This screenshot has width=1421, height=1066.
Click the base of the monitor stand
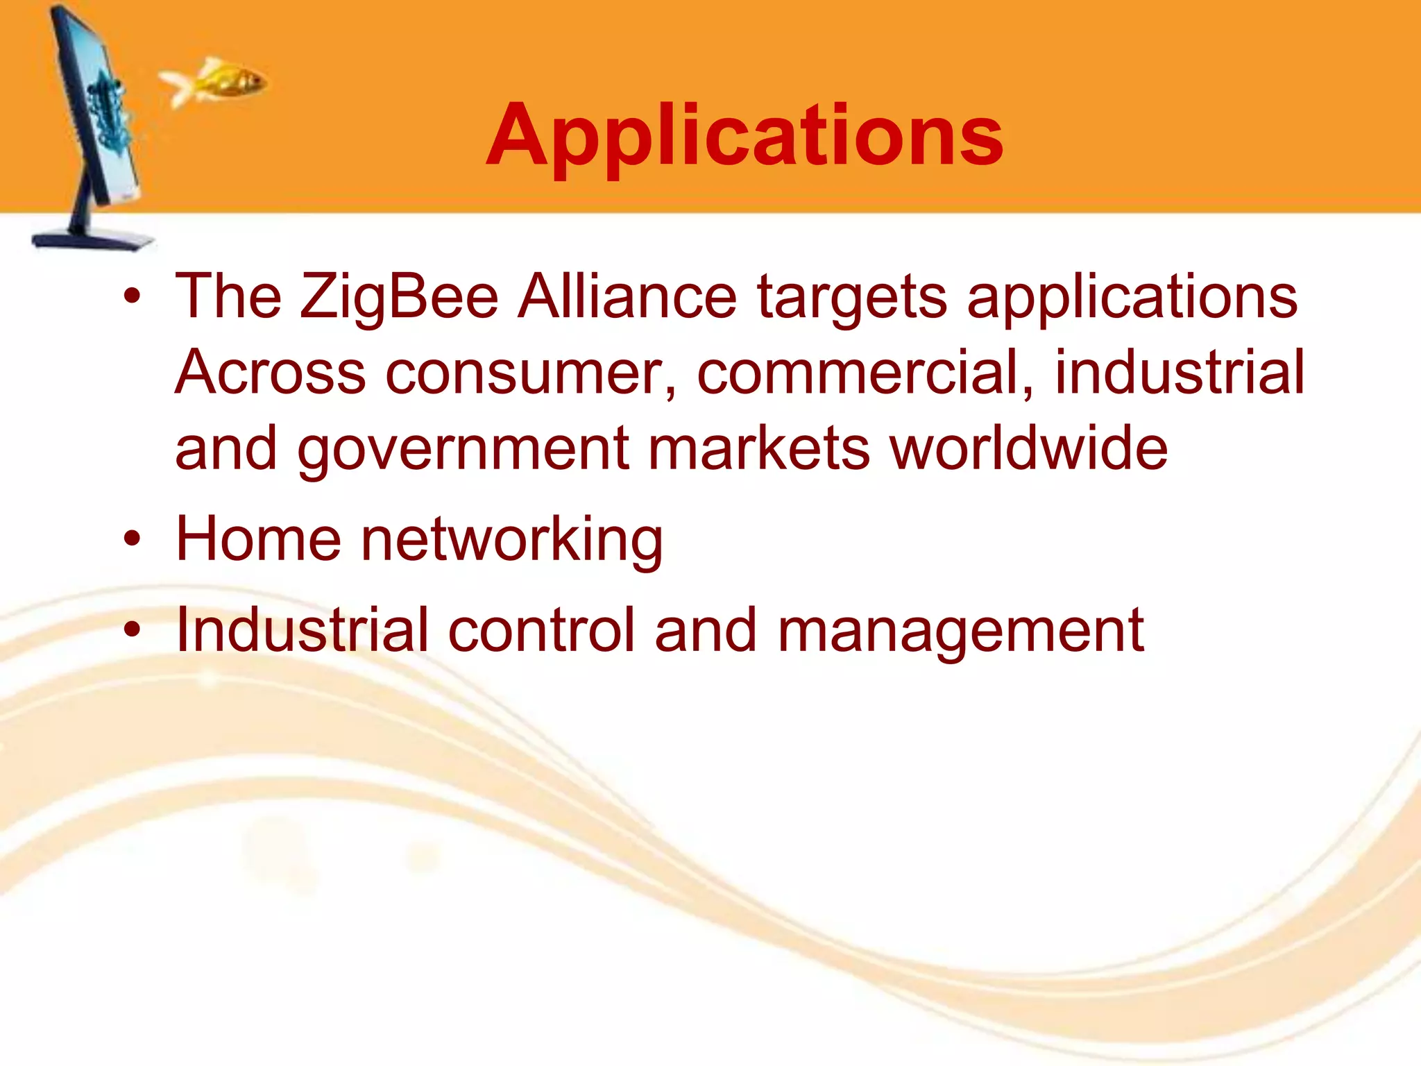click(94, 239)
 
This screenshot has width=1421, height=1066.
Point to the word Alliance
click(628, 297)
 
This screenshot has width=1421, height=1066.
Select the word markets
click(759, 449)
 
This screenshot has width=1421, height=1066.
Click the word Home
click(258, 539)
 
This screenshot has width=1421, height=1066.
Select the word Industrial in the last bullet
click(303, 630)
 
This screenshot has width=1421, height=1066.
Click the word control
click(541, 630)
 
